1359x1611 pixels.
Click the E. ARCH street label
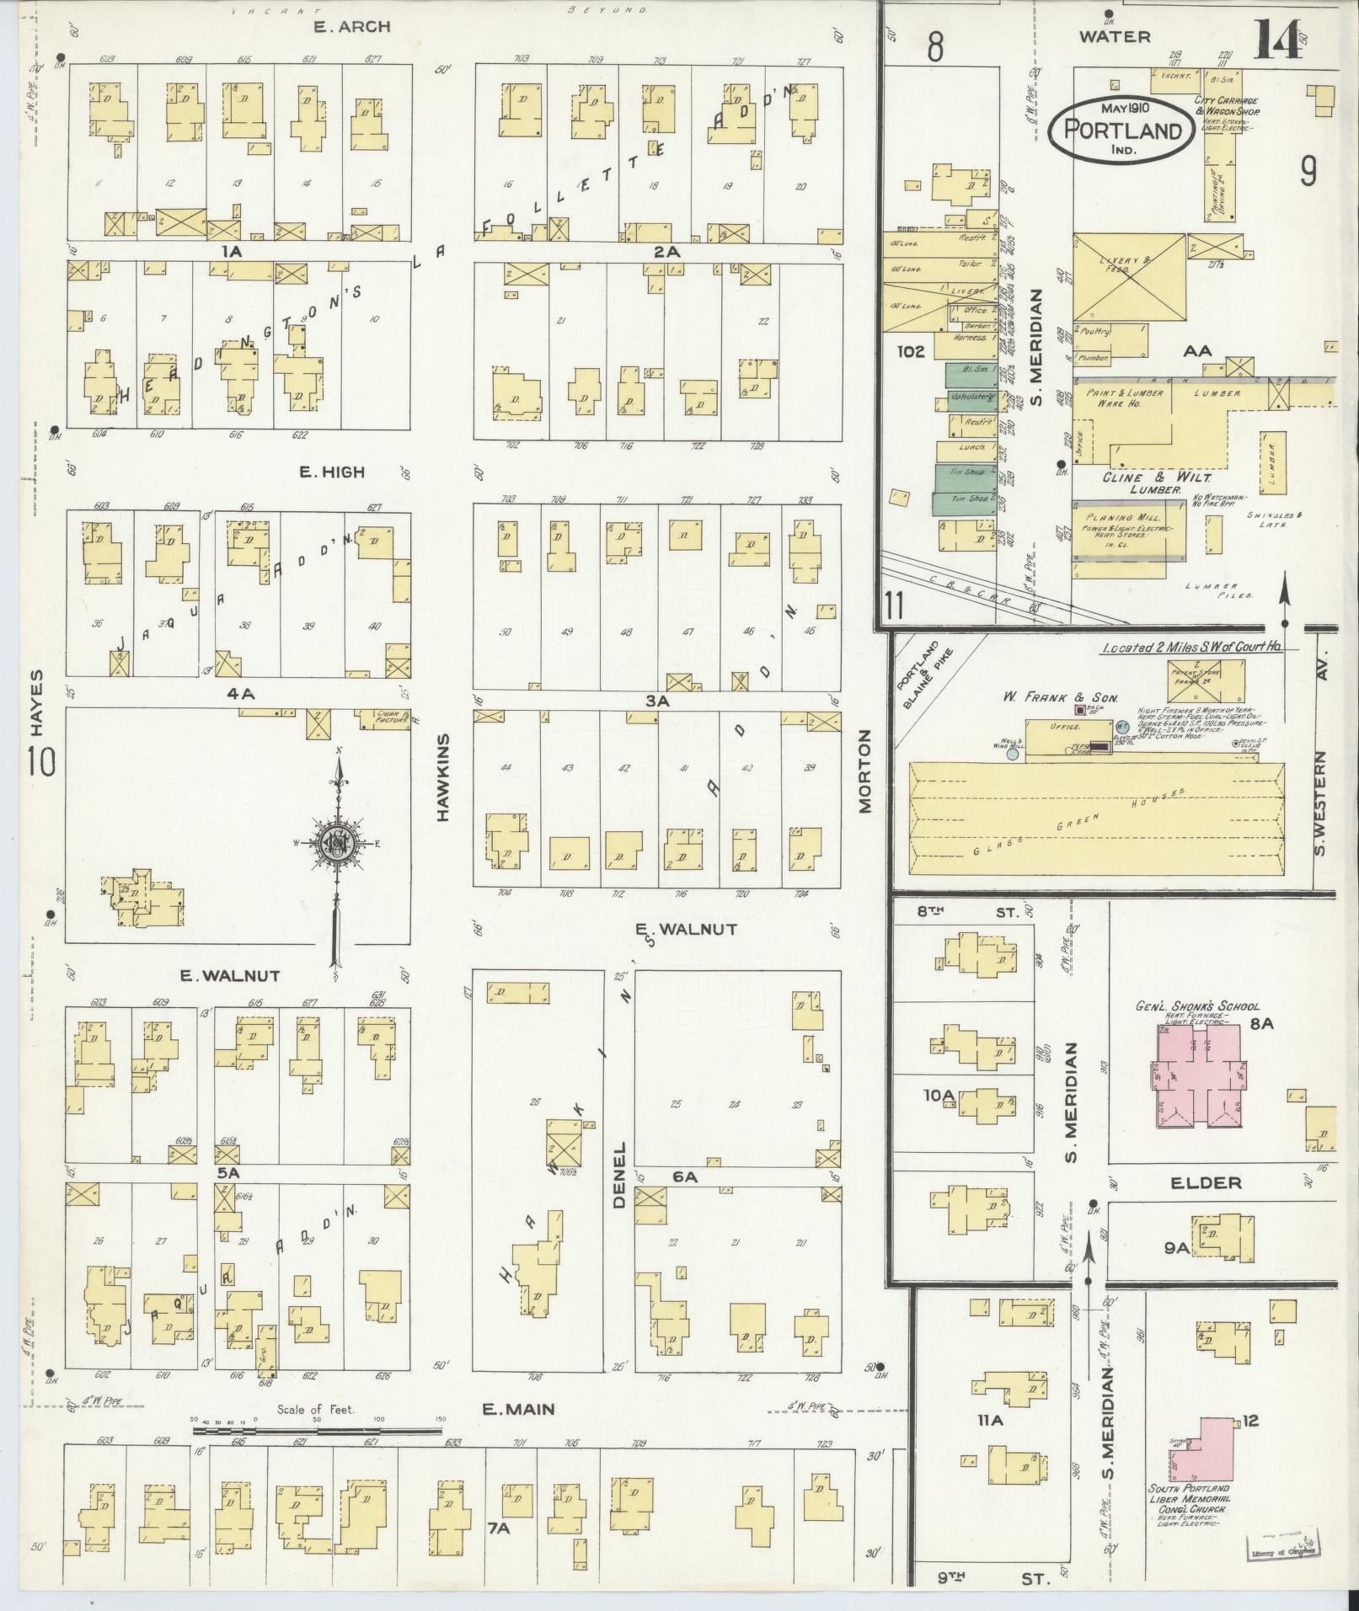pos(352,27)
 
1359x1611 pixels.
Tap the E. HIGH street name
pos(332,472)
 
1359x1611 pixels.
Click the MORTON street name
pos(864,771)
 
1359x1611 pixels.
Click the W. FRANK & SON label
pos(1060,696)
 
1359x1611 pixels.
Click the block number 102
pos(912,351)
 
